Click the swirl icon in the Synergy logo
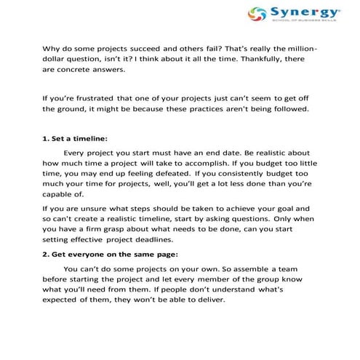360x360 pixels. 256,14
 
